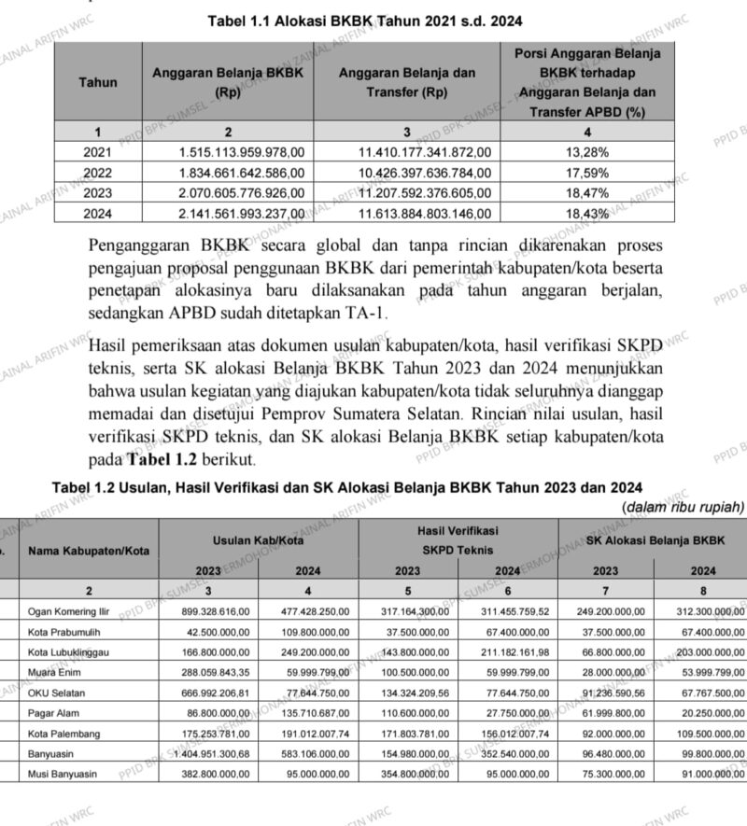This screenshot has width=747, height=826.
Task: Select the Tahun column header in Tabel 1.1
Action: pos(98,82)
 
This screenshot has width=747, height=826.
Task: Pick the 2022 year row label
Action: pos(97,173)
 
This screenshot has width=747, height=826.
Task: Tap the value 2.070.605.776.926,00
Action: pos(242,193)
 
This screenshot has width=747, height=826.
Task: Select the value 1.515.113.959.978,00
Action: pos(242,151)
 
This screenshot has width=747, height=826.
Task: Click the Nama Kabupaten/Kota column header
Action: pos(89,551)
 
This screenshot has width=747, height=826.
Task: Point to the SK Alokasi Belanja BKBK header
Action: pos(655,541)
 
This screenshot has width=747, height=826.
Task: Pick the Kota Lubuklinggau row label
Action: pos(70,652)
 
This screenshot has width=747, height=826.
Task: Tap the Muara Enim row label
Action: pos(54,673)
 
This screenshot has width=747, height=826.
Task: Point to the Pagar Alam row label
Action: pos(54,713)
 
